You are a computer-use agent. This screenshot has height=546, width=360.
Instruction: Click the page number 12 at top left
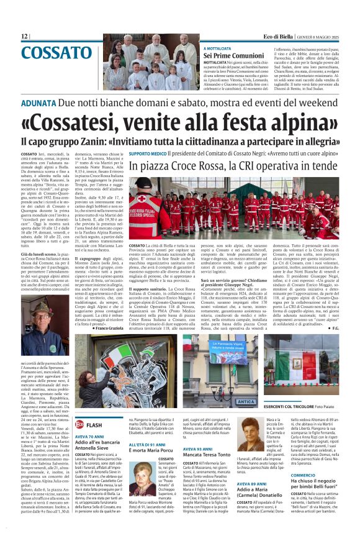[x=25, y=37]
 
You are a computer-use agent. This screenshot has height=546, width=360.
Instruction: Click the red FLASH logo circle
[x=79, y=424]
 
